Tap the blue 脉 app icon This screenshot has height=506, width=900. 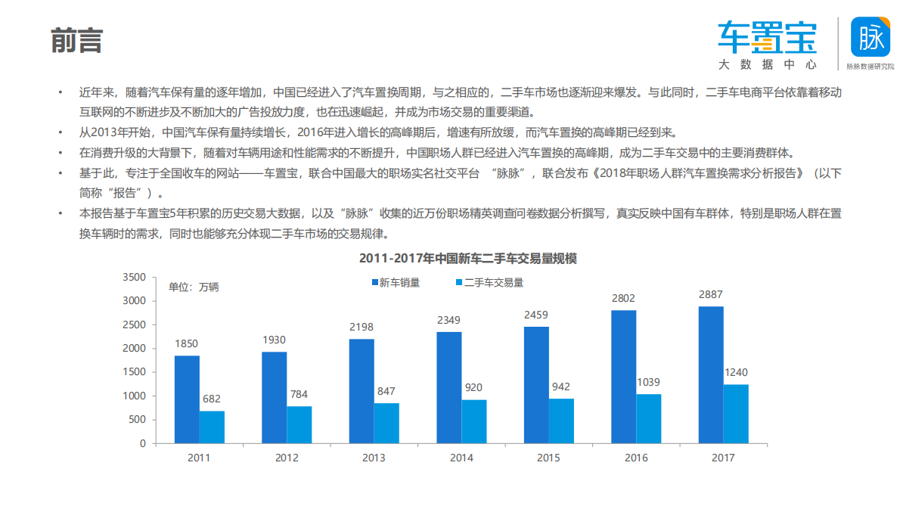pyautogui.click(x=871, y=36)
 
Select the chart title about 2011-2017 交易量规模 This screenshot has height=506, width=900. pyautogui.click(x=468, y=259)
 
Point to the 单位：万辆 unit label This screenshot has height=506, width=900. pyautogui.click(x=193, y=287)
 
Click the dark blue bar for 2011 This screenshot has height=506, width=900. pyautogui.click(x=187, y=399)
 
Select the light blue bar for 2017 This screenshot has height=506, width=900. pyautogui.click(x=736, y=414)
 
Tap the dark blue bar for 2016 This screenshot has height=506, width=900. pyautogui.click(x=624, y=377)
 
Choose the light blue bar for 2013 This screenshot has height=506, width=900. pyautogui.click(x=386, y=423)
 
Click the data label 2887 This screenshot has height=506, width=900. pyautogui.click(x=710, y=294)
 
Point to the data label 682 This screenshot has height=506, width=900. pyautogui.click(x=212, y=399)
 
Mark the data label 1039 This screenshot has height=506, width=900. pyautogui.click(x=648, y=382)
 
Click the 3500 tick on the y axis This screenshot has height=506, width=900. pyautogui.click(x=133, y=278)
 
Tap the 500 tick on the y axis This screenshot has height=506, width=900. pyautogui.click(x=136, y=420)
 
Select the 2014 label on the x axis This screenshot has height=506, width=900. pyautogui.click(x=461, y=458)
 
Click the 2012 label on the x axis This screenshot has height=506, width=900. pyautogui.click(x=287, y=458)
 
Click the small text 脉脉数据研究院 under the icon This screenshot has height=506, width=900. pyautogui.click(x=871, y=67)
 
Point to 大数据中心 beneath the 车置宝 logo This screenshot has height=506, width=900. pyautogui.click(x=768, y=65)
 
